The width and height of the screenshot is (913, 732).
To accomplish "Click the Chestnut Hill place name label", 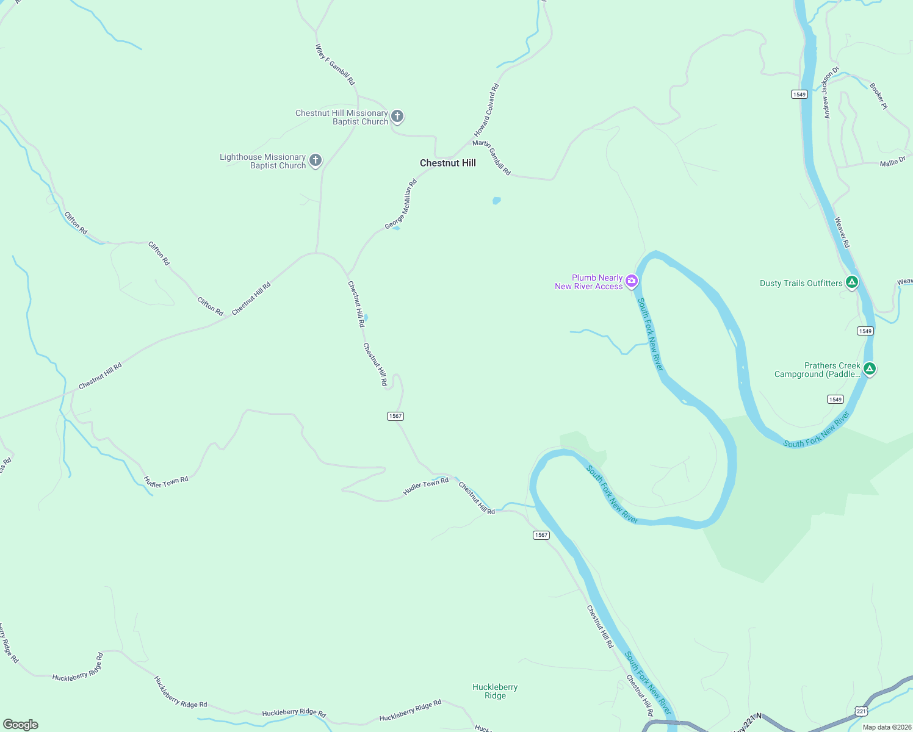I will click(x=447, y=163).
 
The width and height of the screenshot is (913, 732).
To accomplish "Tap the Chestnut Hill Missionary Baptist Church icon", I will click(x=397, y=117).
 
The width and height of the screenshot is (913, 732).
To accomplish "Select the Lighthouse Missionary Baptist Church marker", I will click(x=316, y=160).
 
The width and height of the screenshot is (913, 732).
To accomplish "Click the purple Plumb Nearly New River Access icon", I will click(x=632, y=281).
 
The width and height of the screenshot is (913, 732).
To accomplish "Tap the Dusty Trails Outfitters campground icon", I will click(x=852, y=282).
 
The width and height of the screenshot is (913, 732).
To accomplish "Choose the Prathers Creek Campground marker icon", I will click(x=870, y=368).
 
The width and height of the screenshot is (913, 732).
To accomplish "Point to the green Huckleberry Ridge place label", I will click(x=495, y=691).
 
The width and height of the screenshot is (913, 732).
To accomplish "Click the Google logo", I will click(x=21, y=724).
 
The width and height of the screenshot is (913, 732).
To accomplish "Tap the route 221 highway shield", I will click(x=861, y=711).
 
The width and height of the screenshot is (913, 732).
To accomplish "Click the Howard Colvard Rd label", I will click(x=486, y=110).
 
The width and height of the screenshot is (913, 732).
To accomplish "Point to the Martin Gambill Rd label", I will click(x=491, y=157).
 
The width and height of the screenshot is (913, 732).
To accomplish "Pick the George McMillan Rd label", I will click(x=400, y=204).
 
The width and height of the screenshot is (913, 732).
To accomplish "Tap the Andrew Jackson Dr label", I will click(x=829, y=93).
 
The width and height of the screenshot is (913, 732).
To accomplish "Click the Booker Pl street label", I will click(x=878, y=96).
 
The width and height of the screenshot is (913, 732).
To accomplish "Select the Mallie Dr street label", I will click(x=892, y=162).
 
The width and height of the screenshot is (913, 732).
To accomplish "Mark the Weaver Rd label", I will click(x=842, y=232).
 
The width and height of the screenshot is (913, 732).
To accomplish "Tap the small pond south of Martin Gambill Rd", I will click(x=497, y=200).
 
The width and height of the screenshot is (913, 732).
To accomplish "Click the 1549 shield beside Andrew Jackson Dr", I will click(x=799, y=94).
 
